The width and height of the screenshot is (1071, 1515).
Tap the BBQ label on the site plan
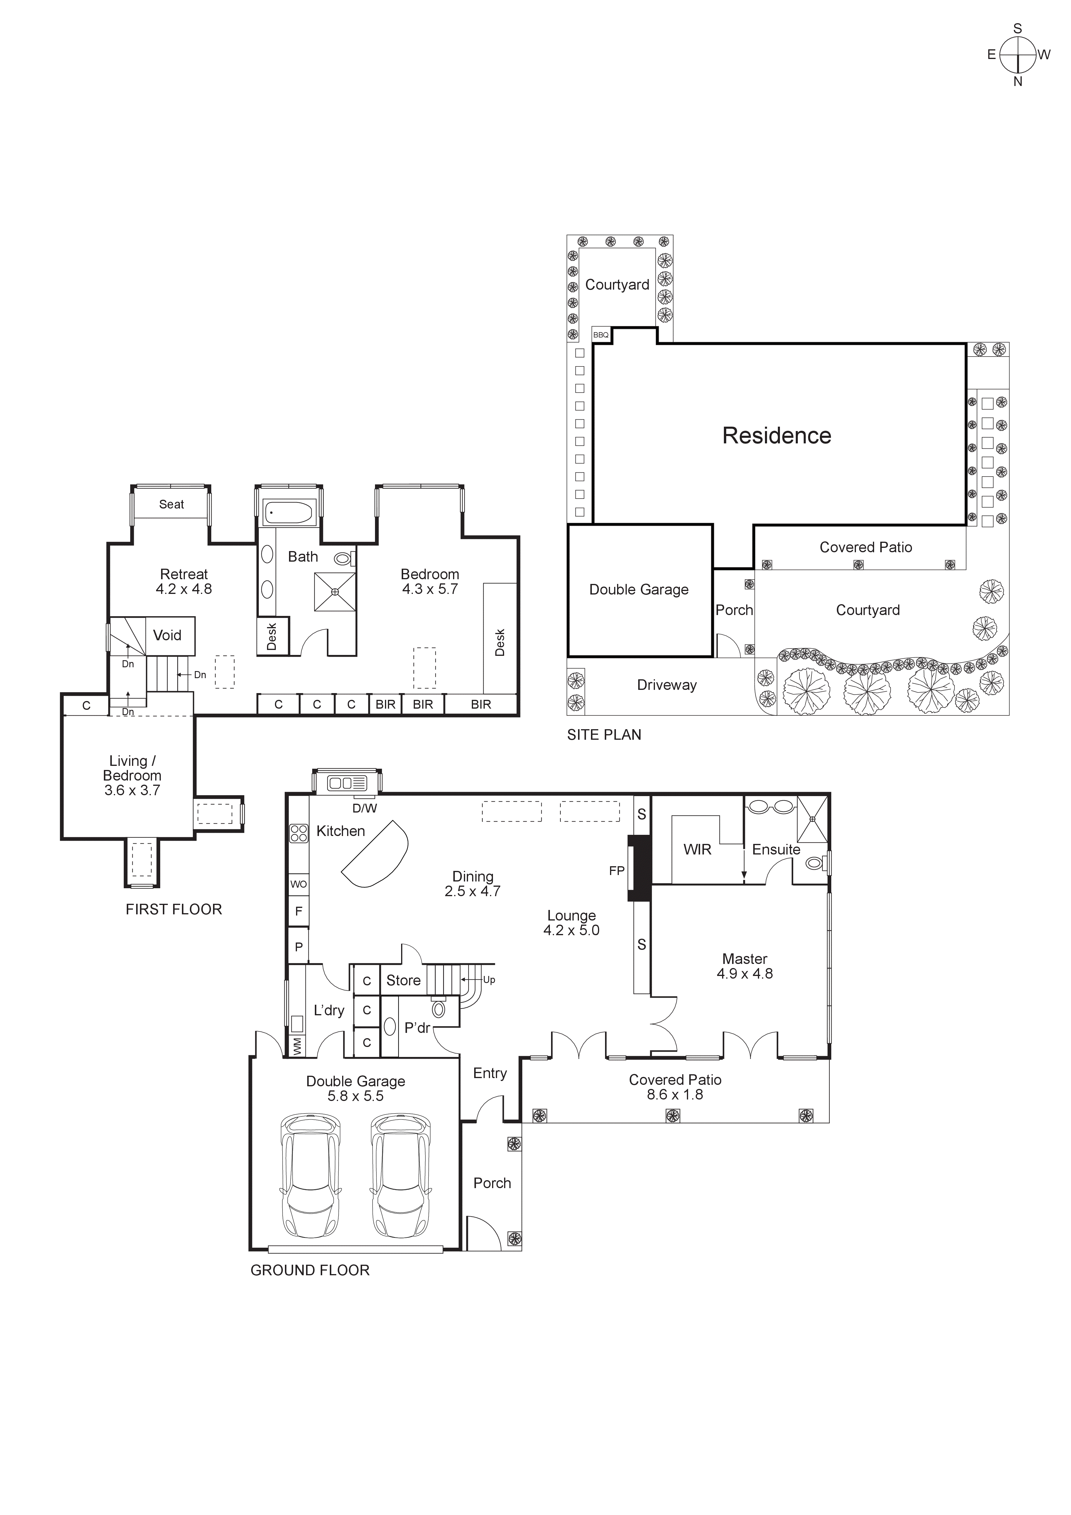coord(601,335)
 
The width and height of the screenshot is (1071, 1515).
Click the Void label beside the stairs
coord(167,635)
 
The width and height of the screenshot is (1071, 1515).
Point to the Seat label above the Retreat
coord(172,504)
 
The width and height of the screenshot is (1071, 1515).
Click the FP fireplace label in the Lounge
coord(616,871)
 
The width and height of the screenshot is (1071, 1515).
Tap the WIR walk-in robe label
coord(697,850)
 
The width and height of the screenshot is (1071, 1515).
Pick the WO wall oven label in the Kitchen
coord(298,884)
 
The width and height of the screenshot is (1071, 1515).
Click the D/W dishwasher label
coord(364,808)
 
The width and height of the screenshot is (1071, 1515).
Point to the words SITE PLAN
coord(604,735)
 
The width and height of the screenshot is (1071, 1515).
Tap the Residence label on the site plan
coord(777,435)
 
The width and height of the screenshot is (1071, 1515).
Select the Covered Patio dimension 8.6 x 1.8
coord(674,1095)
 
